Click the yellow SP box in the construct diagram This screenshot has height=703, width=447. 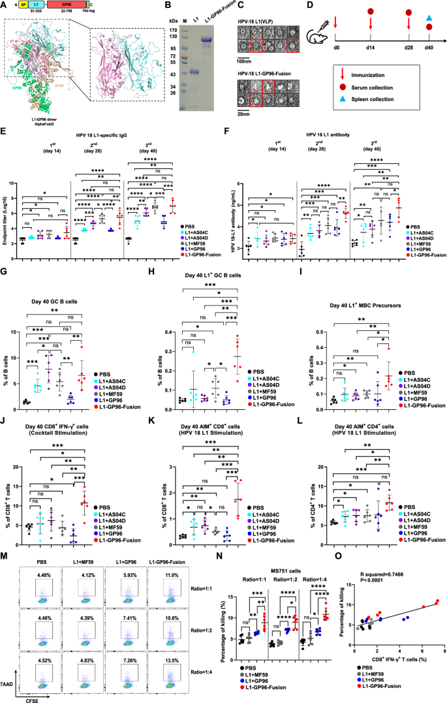tap(24, 5)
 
